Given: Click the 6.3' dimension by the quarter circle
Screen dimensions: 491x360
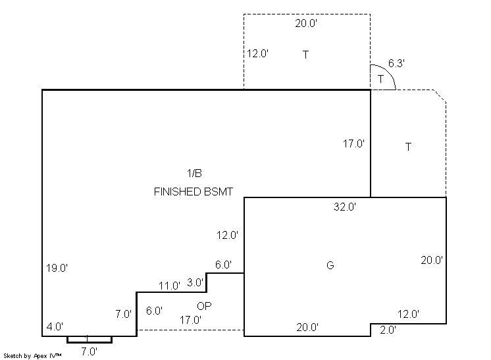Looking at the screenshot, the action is click(396, 63).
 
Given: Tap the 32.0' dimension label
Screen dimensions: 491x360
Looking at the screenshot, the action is click(345, 207).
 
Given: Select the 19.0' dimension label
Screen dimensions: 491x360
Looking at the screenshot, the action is click(57, 268).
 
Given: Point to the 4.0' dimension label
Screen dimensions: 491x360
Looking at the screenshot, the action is click(55, 326).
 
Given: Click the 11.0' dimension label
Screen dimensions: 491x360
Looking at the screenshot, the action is click(169, 286).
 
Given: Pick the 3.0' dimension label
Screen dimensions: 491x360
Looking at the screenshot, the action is click(195, 282).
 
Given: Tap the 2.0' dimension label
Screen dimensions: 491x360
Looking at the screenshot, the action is click(388, 330).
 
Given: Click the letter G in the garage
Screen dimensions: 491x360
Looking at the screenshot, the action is click(330, 265).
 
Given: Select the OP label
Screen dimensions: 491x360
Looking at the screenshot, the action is click(204, 306).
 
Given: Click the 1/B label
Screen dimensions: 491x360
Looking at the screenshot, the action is click(194, 173).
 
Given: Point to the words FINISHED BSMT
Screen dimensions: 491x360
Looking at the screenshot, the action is click(194, 192).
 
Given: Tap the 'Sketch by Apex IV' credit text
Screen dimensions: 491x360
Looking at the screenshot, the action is click(32, 355).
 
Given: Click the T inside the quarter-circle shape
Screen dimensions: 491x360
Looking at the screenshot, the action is click(380, 79).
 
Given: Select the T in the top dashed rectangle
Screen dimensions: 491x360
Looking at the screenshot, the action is click(305, 55).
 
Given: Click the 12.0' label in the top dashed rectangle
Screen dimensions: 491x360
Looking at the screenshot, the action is click(257, 53).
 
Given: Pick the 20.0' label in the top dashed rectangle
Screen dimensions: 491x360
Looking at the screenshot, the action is click(306, 23).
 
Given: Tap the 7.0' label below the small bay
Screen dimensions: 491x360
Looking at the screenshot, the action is click(90, 351).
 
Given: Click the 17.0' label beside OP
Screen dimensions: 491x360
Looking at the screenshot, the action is click(190, 320).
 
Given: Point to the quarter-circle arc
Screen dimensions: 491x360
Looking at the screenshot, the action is click(388, 72).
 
